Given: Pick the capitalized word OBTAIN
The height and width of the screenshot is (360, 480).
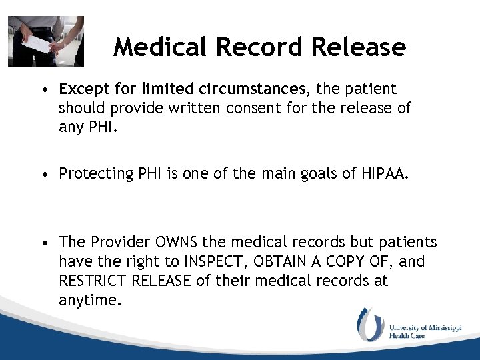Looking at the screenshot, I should pyautogui.click(x=287, y=261).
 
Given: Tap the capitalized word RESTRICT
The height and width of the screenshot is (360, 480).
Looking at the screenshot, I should pyautogui.click(x=95, y=281).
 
